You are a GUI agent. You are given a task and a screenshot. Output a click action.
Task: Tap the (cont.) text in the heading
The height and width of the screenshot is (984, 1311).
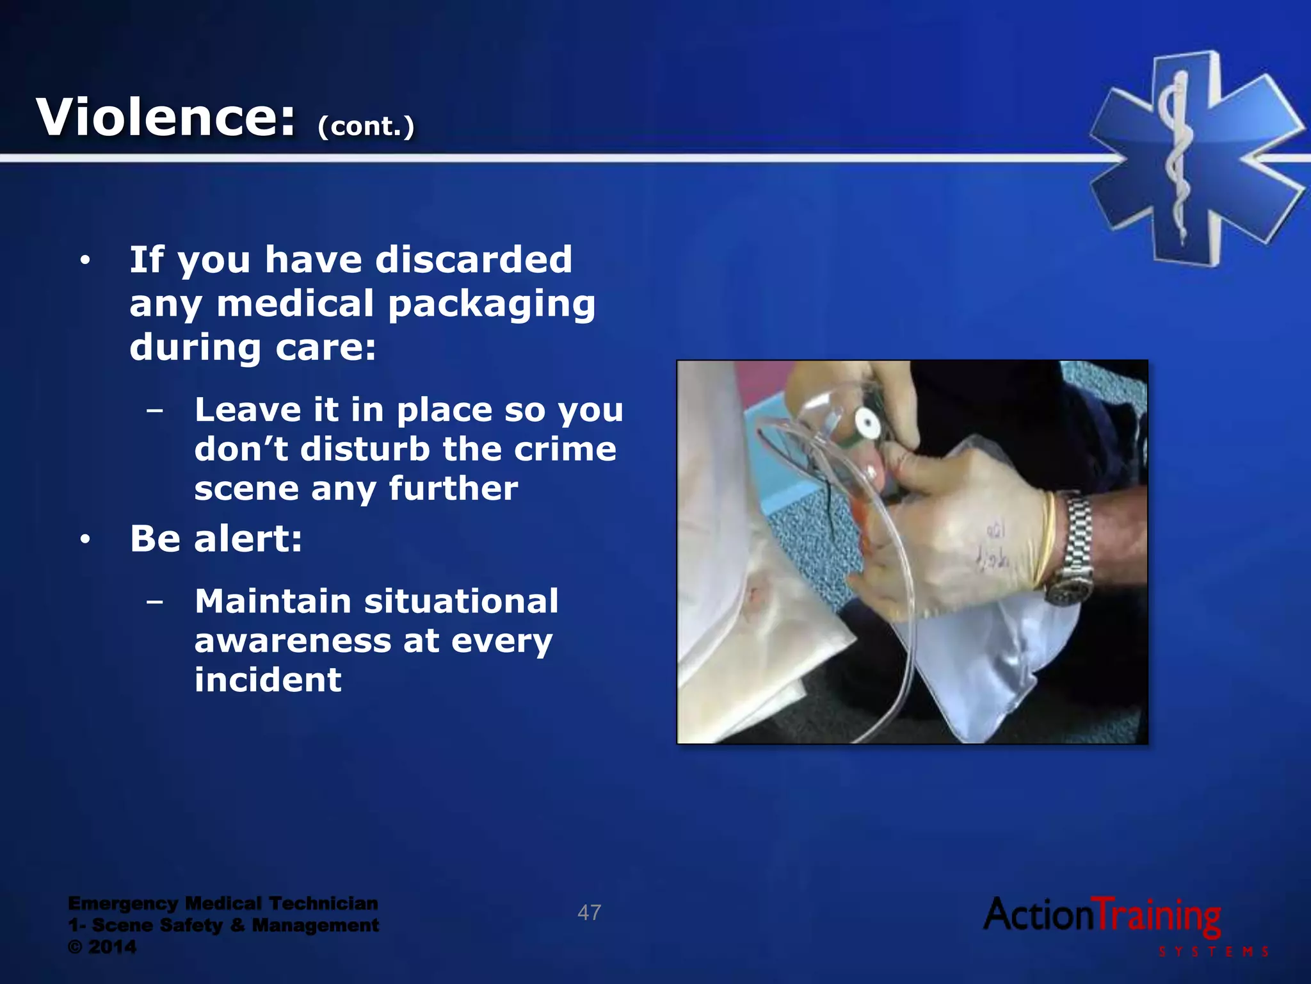[x=366, y=126]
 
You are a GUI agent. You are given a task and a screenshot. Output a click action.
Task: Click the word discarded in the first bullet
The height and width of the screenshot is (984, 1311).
[x=474, y=259]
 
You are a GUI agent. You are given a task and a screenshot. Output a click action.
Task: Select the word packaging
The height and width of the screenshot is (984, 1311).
[x=492, y=304]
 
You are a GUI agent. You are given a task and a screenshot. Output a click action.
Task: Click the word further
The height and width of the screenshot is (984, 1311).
[x=453, y=489]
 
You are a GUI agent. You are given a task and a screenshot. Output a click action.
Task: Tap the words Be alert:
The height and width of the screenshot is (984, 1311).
[x=216, y=539]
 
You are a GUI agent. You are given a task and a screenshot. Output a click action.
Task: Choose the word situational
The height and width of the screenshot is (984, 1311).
[x=461, y=602]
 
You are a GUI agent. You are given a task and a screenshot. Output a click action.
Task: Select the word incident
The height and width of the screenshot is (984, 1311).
[x=268, y=680]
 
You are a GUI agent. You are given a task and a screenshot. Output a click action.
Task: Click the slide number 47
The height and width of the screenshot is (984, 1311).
[x=589, y=912]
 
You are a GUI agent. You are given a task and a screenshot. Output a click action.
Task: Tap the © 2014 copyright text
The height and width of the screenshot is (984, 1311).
[x=102, y=947]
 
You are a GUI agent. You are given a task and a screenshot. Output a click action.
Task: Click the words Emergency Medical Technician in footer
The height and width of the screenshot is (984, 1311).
[x=223, y=903]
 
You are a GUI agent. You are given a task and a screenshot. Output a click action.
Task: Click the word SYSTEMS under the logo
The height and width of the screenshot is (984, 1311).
[x=1214, y=952]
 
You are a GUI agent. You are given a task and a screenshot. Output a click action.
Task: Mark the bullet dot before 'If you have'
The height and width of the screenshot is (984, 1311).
[x=85, y=261]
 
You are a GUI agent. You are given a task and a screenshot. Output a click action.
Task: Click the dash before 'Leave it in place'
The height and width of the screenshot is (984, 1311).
[x=154, y=410]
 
